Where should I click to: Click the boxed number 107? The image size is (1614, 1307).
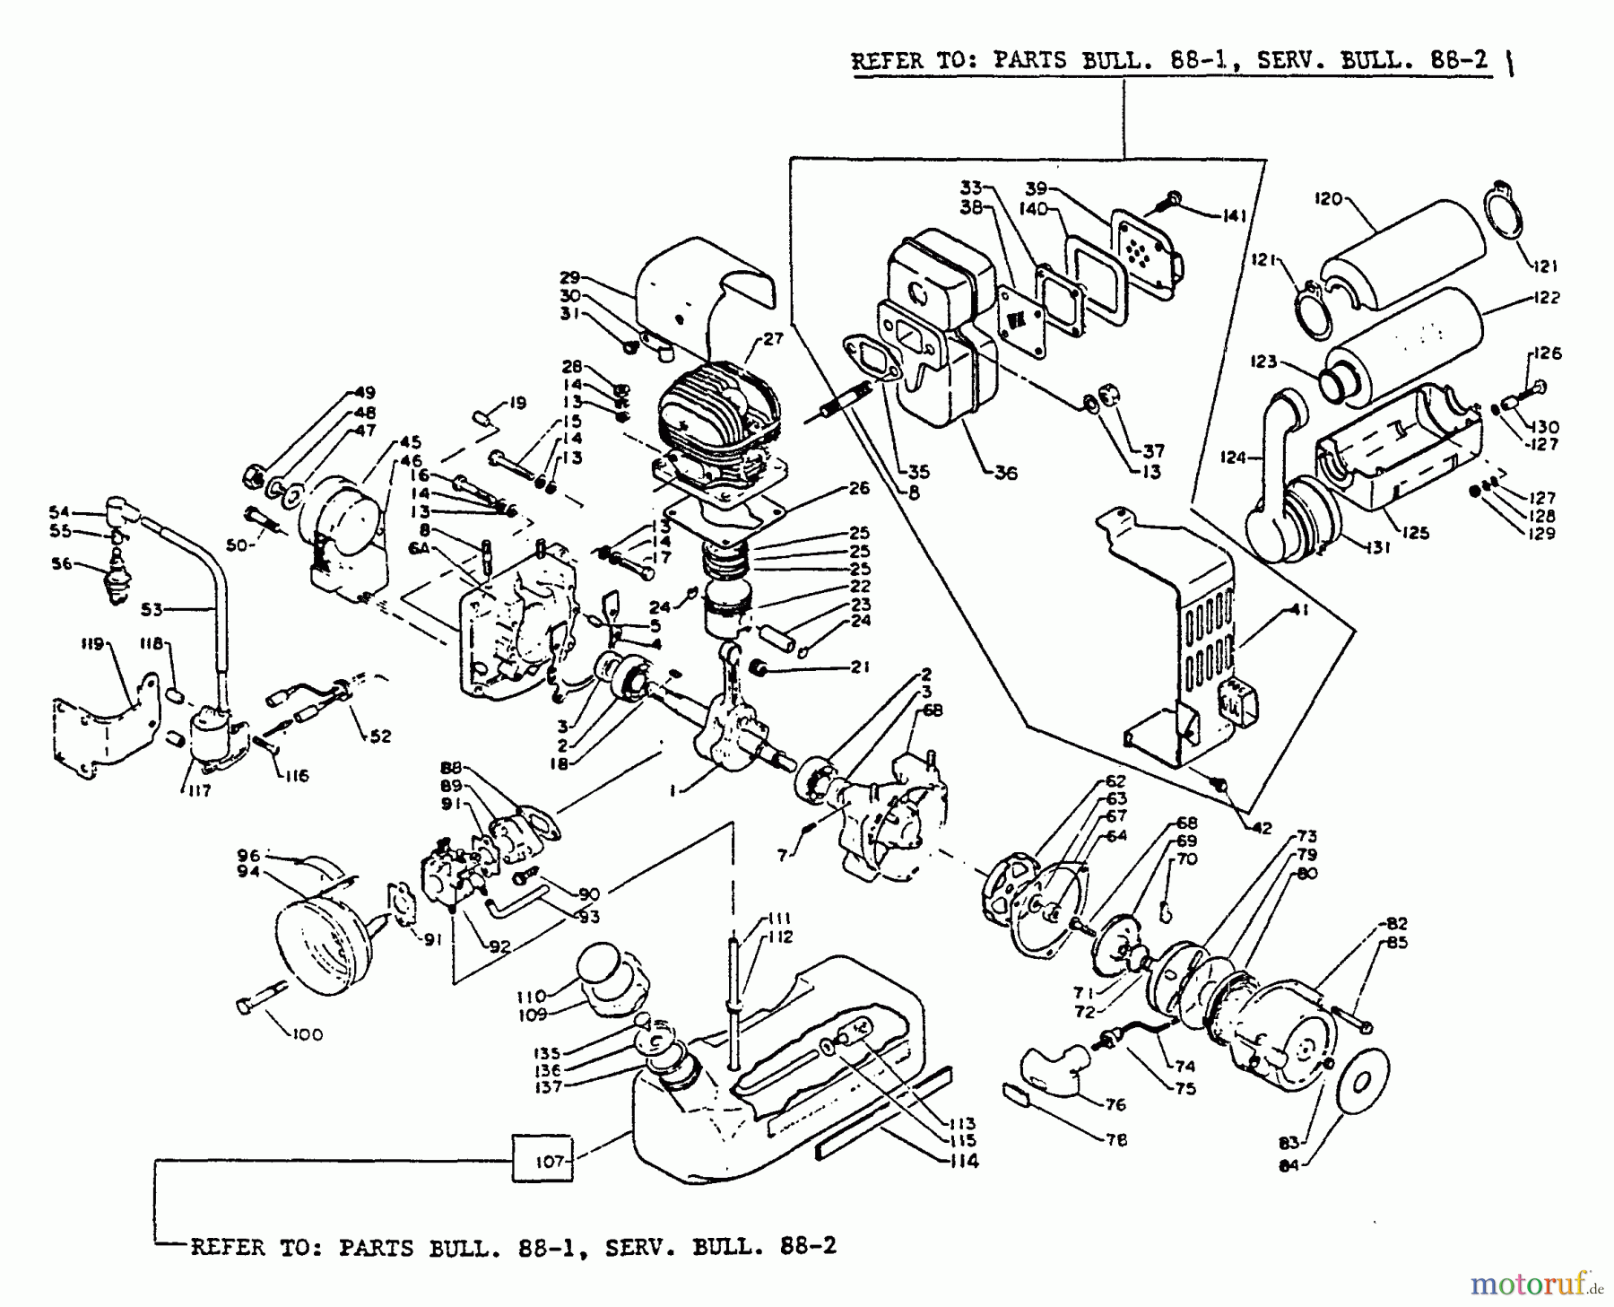coord(549,1161)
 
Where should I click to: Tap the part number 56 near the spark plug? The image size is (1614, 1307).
coord(60,564)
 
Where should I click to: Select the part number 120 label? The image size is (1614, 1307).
coord(1328,198)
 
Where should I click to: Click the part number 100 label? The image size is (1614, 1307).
coord(307,1034)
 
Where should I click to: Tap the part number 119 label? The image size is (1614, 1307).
coord(93,643)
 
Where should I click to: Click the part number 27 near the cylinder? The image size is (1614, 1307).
coord(773,338)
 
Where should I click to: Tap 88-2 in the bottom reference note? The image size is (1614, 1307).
coord(804,1247)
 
